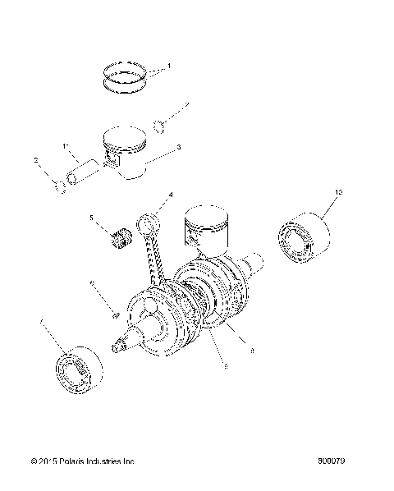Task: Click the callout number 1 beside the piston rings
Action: pyautogui.click(x=169, y=66)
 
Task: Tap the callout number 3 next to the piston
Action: pyautogui.click(x=179, y=148)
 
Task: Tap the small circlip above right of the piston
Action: pyautogui.click(x=163, y=125)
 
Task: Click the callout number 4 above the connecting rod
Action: pyautogui.click(x=171, y=195)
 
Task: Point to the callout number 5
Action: pyautogui.click(x=91, y=220)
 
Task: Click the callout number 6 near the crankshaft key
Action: pyautogui.click(x=93, y=283)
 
